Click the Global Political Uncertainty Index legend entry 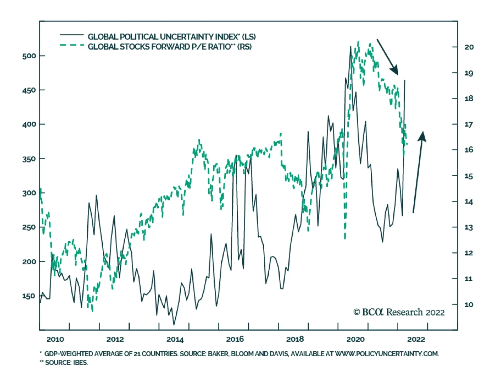click(171, 37)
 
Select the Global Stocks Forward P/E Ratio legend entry click(169, 47)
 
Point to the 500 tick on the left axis click(29, 56)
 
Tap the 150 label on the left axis click(29, 296)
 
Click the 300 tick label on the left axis click(29, 193)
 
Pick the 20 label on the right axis click(469, 47)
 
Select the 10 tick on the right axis click(469, 305)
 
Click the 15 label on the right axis click(469, 176)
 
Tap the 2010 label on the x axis click(55, 339)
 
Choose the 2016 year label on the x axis click(235, 339)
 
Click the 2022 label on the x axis click(416, 339)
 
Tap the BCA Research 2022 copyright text click(399, 312)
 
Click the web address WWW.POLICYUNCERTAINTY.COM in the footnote click(387, 354)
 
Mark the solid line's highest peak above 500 click(350, 46)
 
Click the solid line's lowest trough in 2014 click(174, 325)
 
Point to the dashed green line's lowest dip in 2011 click(92, 311)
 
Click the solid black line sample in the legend click(72, 34)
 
